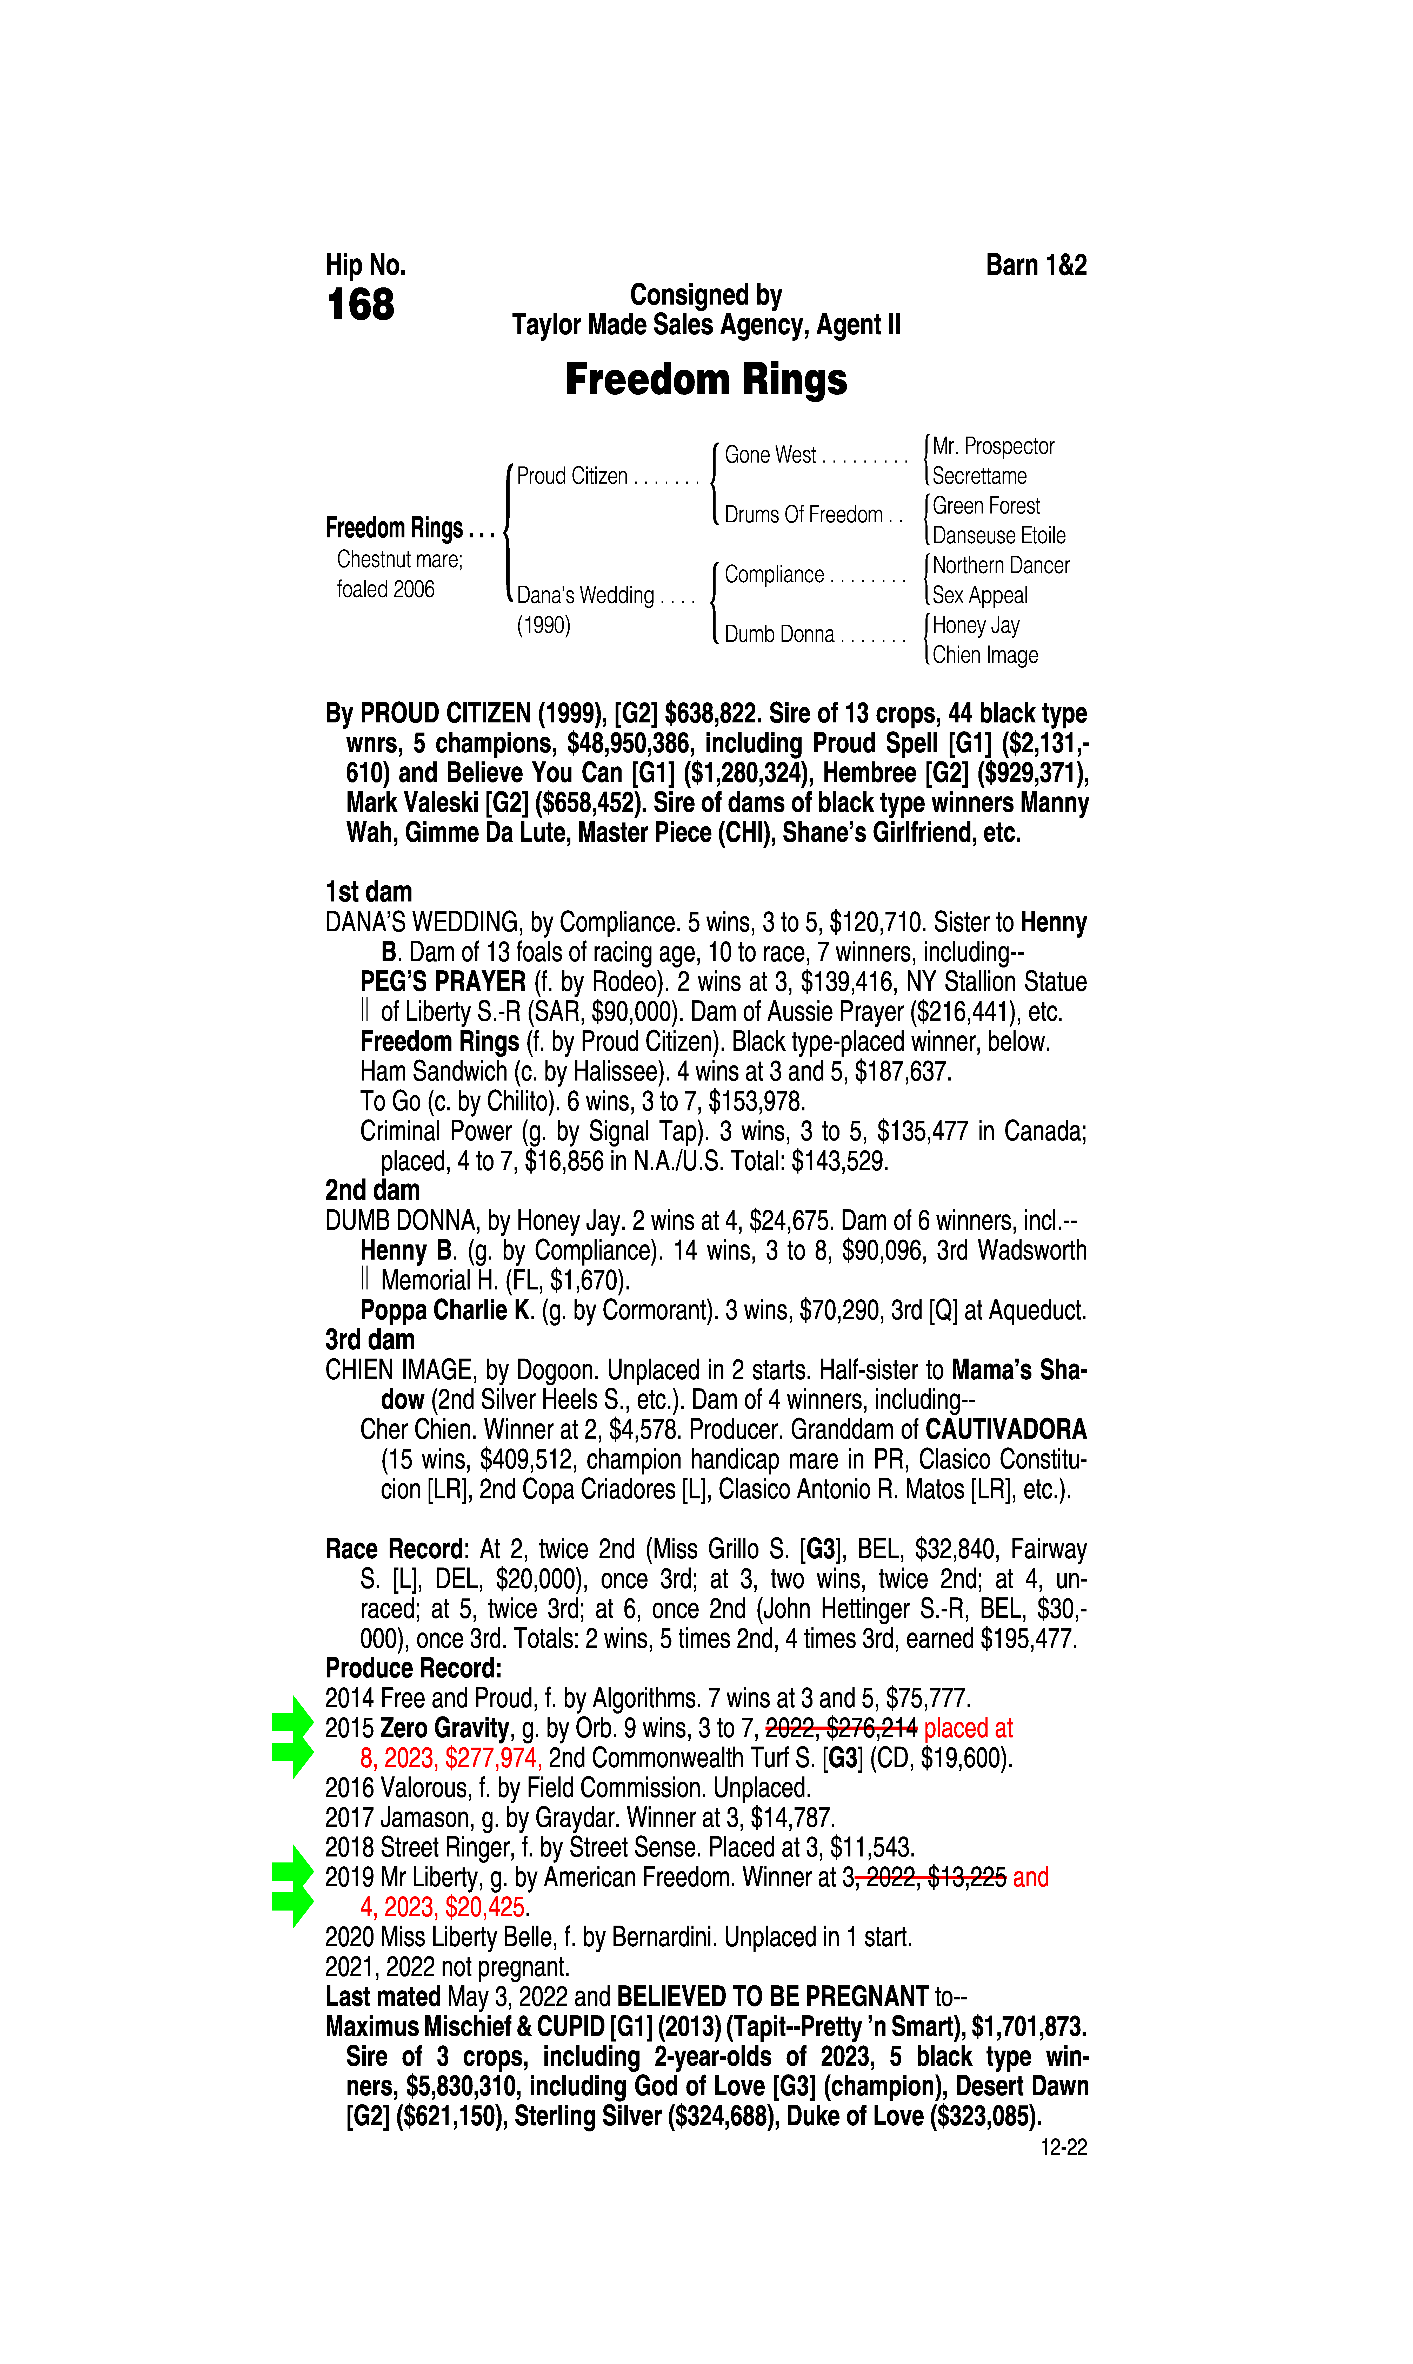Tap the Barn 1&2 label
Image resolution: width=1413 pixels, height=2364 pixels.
[x=1036, y=265]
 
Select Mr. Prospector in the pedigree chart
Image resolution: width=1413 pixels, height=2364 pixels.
[x=993, y=446]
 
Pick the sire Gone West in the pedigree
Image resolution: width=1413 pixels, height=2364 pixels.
[x=770, y=455]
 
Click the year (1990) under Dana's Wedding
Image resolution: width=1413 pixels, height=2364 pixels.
[x=544, y=626]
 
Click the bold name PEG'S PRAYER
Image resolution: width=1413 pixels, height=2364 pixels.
[x=443, y=982]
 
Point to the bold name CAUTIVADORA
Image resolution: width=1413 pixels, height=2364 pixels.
[x=1007, y=1430]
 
